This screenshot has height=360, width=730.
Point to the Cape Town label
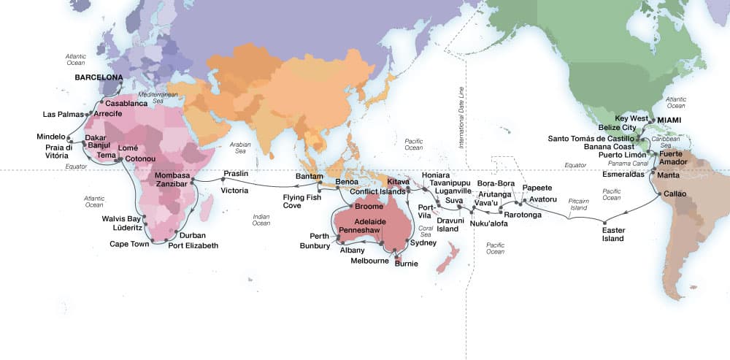(129, 244)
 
